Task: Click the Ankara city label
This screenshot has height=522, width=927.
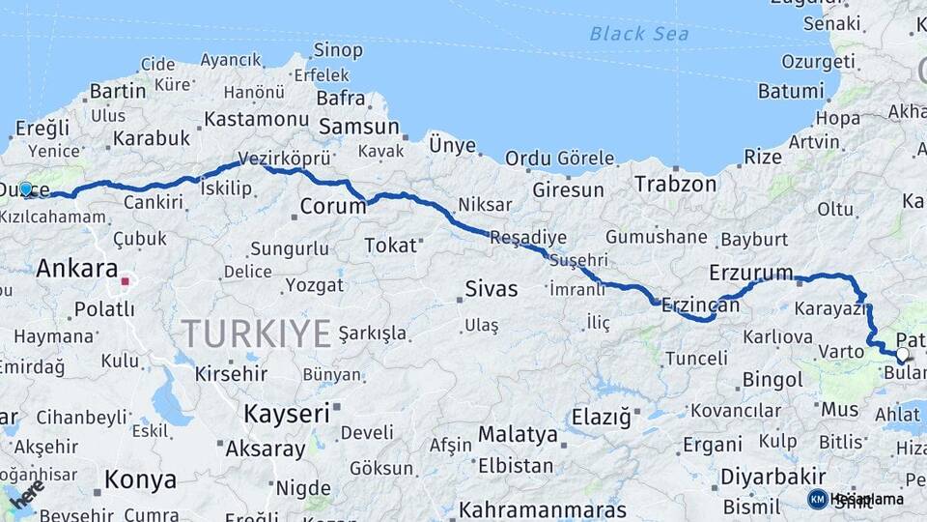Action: (76, 269)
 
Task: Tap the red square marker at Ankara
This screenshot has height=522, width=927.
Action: (126, 282)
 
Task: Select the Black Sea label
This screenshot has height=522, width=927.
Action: (639, 34)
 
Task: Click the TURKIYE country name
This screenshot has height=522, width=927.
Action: (257, 333)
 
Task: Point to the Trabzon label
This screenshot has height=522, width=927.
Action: (676, 184)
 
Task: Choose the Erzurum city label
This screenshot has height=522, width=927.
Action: (750, 273)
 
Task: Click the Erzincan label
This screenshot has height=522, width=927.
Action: (699, 305)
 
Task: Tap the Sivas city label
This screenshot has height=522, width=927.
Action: (492, 288)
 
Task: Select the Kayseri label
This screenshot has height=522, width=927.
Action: (286, 414)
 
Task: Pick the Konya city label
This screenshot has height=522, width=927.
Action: (140, 479)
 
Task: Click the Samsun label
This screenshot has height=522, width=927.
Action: (358, 127)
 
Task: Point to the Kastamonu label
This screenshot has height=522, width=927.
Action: (255, 119)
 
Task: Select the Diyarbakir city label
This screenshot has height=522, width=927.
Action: (773, 476)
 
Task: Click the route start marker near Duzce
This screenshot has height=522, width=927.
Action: (26, 189)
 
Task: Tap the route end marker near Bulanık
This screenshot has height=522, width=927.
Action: (902, 355)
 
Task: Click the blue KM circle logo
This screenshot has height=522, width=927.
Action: (818, 499)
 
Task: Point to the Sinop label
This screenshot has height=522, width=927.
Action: (338, 50)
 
